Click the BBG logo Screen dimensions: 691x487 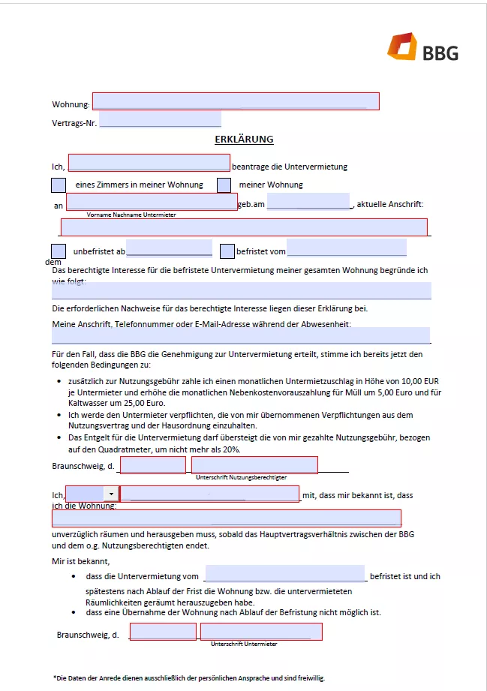(422, 48)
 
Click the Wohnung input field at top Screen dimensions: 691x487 (235, 101)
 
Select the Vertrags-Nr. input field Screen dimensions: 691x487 (160, 119)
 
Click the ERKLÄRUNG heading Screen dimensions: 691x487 (244, 140)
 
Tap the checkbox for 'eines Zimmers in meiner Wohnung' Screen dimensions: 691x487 (59, 185)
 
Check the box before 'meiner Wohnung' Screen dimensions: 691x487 (224, 185)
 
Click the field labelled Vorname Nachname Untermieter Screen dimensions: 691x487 (152, 202)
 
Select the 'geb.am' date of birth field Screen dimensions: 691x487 (308, 202)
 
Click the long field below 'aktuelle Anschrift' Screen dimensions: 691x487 (244, 227)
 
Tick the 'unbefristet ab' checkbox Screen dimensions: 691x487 (59, 251)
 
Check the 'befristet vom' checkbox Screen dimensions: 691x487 (227, 251)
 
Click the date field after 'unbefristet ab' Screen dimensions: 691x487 (169, 248)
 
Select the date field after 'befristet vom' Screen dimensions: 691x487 (346, 248)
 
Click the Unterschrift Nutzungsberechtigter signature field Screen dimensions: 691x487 (254, 465)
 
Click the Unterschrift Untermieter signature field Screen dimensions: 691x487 (261, 632)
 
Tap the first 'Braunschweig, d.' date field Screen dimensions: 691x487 (152, 465)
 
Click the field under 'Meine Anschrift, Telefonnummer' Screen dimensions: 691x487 (241, 335)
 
